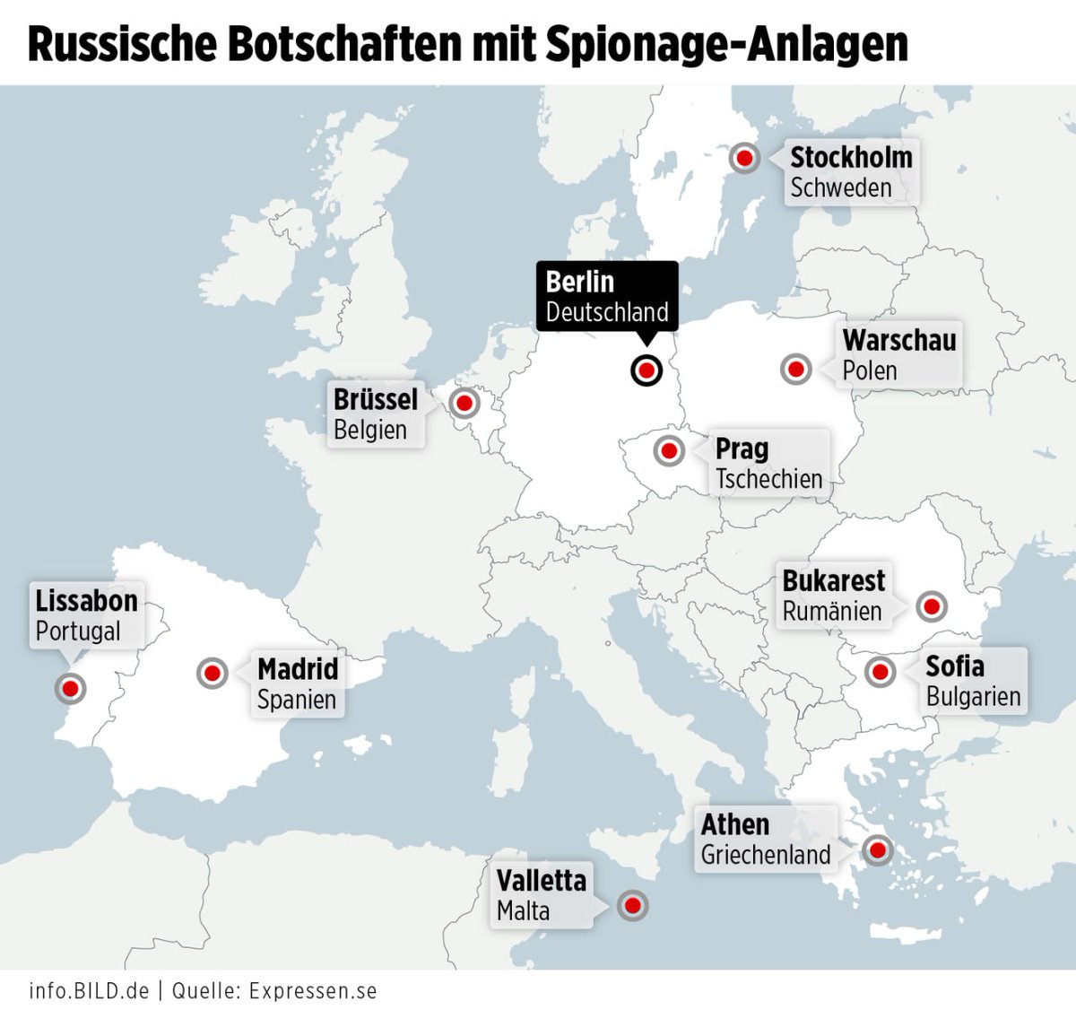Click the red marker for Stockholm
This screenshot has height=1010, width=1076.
743,158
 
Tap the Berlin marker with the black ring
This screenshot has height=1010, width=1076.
646,370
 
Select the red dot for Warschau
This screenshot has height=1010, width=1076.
795,369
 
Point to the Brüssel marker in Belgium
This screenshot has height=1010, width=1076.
464,404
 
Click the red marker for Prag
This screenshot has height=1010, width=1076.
669,450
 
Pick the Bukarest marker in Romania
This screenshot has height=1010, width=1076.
932,606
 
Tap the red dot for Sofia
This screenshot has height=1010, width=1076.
880,671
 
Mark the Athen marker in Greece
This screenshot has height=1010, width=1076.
876,849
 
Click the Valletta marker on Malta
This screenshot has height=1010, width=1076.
632,906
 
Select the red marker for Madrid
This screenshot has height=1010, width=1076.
213,672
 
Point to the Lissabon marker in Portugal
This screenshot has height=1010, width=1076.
70,688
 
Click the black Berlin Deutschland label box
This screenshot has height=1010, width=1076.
607,296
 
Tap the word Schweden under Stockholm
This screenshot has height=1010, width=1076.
840,188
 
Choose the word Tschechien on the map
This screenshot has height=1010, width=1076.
768,480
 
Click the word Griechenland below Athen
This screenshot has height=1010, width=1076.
766,855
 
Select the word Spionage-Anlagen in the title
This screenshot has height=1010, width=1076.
726,44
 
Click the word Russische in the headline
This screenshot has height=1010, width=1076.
122,44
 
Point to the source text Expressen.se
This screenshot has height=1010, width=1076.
313,991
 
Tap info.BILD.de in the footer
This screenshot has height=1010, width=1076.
89,991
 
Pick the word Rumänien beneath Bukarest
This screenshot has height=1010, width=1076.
832,612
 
